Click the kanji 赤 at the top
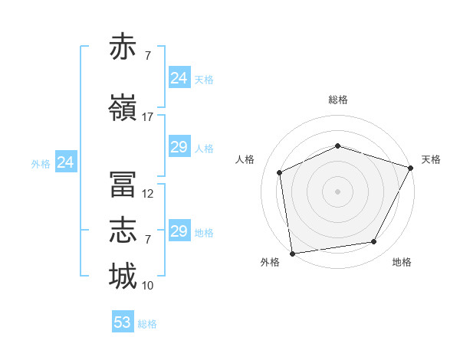coord(123,46)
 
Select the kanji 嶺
coord(123,107)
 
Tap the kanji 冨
coord(123,184)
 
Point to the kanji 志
coord(123,230)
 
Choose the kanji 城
coord(123,276)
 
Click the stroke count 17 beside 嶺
coord(147,117)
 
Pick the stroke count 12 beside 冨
coord(147,194)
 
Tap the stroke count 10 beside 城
coord(147,286)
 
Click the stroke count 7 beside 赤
coord(148,56)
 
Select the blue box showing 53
coord(123,321)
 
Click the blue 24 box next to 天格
coord(180,77)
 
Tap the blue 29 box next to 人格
coord(180,146)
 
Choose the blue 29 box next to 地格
coord(180,230)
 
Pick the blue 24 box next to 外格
coord(66,162)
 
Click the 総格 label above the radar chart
coord(338,100)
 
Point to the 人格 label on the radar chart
coord(245,159)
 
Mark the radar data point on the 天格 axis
coord(411,168)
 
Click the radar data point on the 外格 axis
coord(293,254)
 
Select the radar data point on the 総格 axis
coord(338,146)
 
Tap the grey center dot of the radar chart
coord(337,191)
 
